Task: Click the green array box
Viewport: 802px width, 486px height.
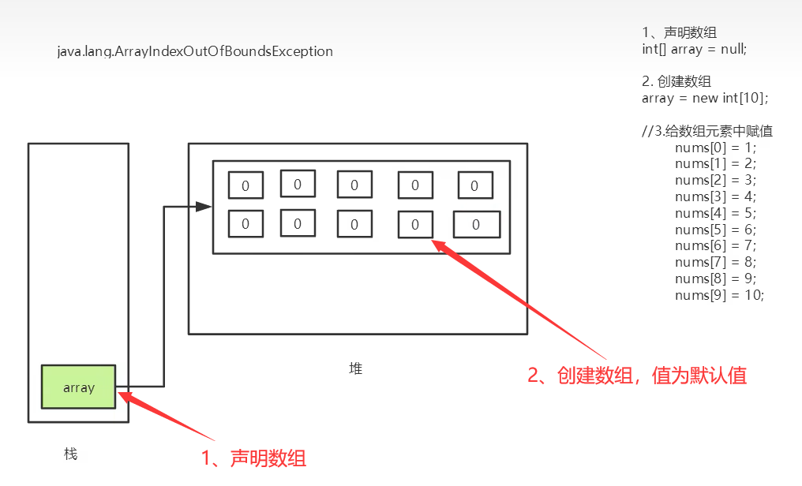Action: pos(78,387)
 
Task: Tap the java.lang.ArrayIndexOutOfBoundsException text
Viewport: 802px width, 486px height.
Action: pos(195,51)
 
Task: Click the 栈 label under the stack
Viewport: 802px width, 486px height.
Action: pos(71,454)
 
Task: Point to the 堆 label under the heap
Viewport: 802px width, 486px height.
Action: pos(356,368)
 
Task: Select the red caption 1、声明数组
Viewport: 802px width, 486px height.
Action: pos(253,458)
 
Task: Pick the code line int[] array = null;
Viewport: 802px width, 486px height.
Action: pos(694,49)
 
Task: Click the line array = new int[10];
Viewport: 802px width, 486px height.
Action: pos(705,98)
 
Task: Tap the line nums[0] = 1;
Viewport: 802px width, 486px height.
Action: pos(715,148)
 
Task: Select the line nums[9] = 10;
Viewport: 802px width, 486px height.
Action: pos(719,295)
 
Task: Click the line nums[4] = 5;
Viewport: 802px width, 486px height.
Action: pos(715,213)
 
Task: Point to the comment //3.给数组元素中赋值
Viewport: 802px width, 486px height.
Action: pos(707,131)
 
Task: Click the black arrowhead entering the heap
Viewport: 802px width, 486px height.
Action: pos(204,207)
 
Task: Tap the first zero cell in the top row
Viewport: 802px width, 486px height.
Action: pos(245,185)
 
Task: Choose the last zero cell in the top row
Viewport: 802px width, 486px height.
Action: pos(474,185)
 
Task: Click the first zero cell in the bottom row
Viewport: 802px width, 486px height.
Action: pos(245,223)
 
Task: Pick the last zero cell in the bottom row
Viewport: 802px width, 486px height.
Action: pos(476,224)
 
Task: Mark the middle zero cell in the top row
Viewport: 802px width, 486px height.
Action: pos(354,185)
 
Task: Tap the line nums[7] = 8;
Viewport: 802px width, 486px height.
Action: pos(715,262)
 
